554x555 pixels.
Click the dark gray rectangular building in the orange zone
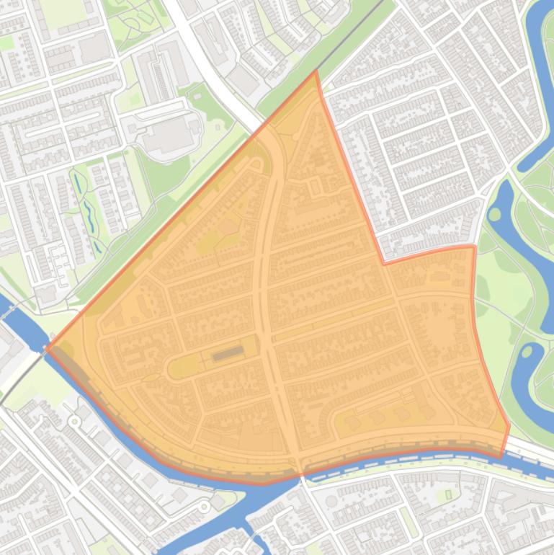pyautogui.click(x=228, y=352)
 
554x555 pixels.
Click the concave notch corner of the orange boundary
pyautogui.click(x=383, y=264)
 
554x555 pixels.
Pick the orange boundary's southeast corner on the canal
pyautogui.click(x=502, y=456)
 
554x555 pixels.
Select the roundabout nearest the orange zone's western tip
pyautogui.click(x=73, y=420)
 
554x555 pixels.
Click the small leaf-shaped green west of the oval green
pyautogui.click(x=151, y=378)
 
